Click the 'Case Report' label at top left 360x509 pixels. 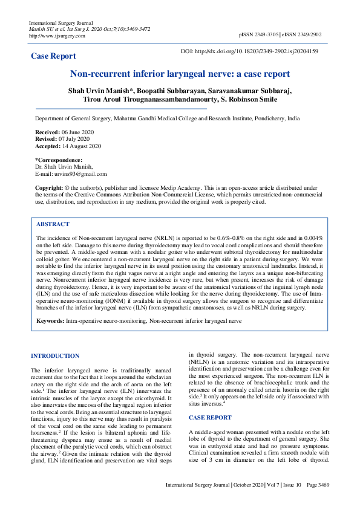pyautogui.click(x=53, y=56)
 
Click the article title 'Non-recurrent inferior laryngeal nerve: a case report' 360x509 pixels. pyautogui.click(x=180, y=74)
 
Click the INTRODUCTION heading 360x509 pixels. pyautogui.click(x=54, y=356)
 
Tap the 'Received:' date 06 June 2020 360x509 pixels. pyautogui.click(x=79, y=132)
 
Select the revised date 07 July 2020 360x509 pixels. pyautogui.click(x=76, y=139)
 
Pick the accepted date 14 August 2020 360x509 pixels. pyautogui.click(x=82, y=146)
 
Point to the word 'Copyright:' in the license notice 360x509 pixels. pyautogui.click(x=49, y=188)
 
